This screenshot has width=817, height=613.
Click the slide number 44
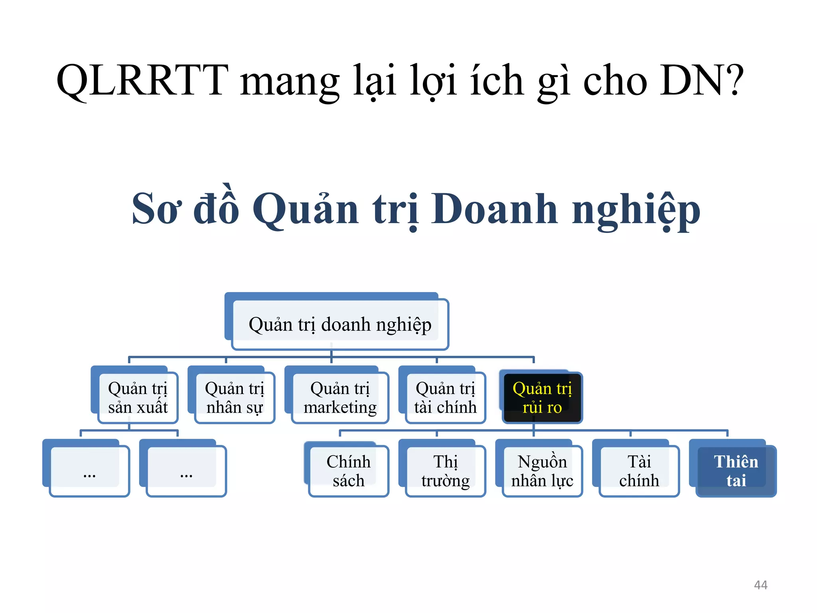[760, 585]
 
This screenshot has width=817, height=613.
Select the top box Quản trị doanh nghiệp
[340, 324]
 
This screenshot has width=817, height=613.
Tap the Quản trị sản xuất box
[138, 397]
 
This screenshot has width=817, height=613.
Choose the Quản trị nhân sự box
[235, 397]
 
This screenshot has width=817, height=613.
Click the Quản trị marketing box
[340, 397]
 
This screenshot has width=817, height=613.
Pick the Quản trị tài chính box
[445, 397]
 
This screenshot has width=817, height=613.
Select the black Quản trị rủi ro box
[542, 397]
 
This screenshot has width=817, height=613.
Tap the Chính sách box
[348, 471]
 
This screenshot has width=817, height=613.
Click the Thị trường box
[445, 471]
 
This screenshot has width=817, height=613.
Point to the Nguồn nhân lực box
[542, 471]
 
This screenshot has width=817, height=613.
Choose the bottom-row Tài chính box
[639, 471]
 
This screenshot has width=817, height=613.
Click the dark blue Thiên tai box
[736, 471]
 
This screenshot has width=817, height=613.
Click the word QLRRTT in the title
[142, 81]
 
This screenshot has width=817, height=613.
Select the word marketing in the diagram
[340, 407]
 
